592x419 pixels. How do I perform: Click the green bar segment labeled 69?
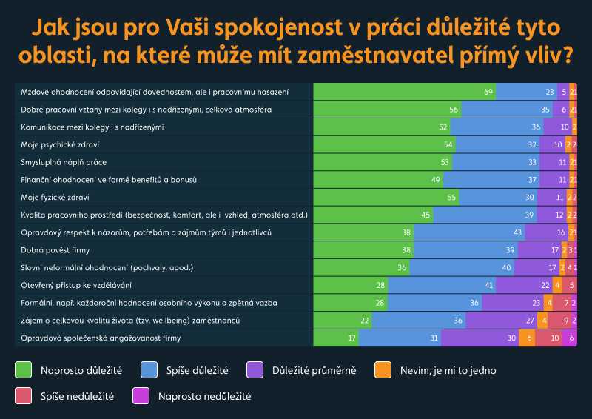coord(404,92)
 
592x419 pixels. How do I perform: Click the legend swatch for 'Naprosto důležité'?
coord(23,370)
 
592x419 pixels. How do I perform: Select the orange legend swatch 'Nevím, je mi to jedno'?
coord(383,370)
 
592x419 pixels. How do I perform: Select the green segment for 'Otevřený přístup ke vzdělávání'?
coord(351,285)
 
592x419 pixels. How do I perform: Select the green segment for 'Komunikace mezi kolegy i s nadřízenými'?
coord(382,127)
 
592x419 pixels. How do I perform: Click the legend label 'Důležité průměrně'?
coord(314,370)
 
